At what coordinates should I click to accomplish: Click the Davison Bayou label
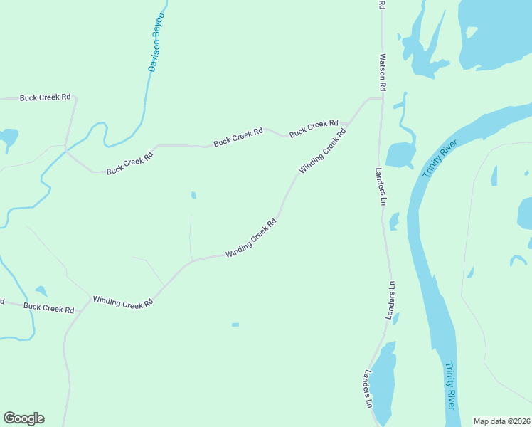pos(156,42)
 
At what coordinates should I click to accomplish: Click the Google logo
pos(23,418)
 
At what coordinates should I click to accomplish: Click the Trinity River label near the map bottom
pos(449,385)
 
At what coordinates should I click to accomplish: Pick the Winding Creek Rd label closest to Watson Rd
pos(323,151)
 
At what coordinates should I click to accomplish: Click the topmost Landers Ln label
pos(381,186)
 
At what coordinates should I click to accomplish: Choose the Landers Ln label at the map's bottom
pos(368,389)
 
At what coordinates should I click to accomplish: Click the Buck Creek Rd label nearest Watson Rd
pos(314,127)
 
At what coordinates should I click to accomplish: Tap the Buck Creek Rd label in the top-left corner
pos(46,97)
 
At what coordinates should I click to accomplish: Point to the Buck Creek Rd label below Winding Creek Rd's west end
pos(49,308)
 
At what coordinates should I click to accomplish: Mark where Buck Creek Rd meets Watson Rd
pos(382,98)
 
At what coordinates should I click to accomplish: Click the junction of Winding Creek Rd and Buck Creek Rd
pos(91,299)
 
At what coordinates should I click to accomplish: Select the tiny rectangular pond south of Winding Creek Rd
pos(235,325)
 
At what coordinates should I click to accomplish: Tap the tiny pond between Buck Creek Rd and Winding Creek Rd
pos(193,195)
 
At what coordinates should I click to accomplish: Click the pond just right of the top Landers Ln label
pos(400,154)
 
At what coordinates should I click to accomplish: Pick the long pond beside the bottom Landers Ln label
pos(384,381)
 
